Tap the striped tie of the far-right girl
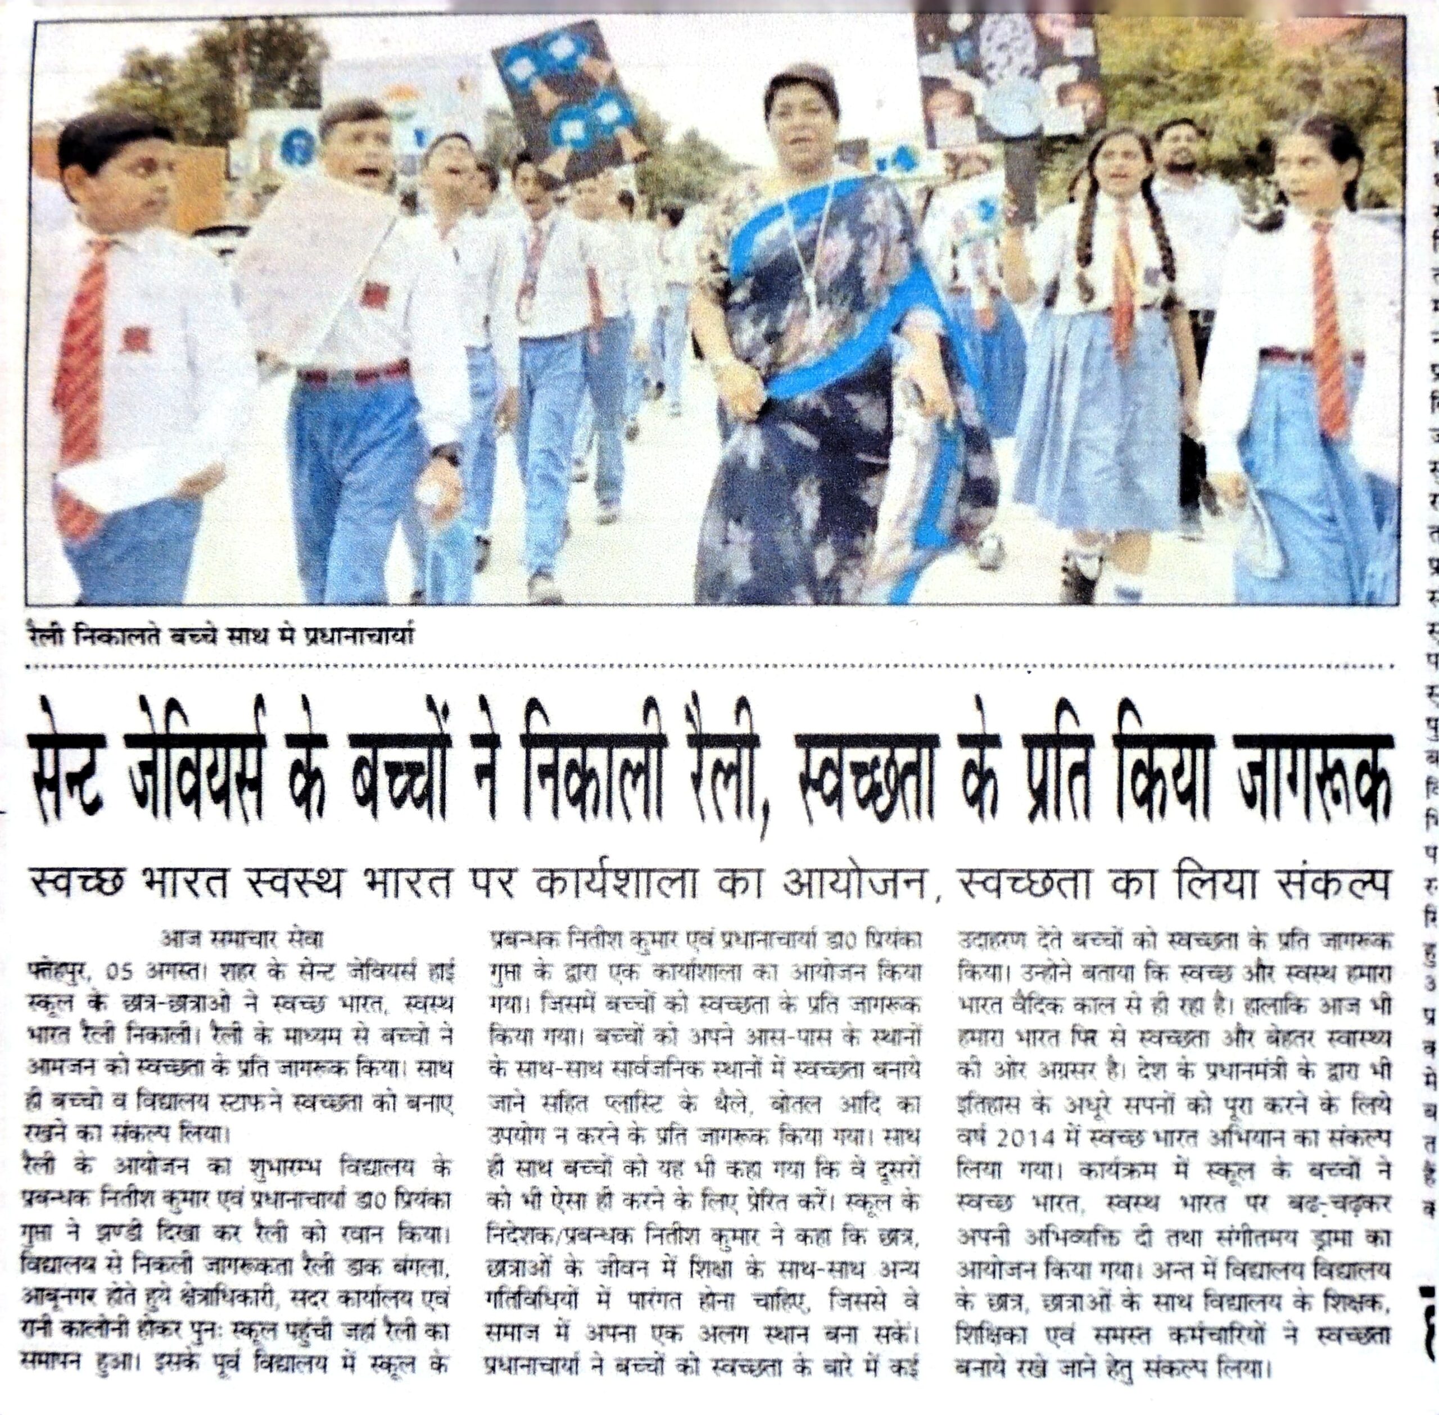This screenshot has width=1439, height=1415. point(1331,327)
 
